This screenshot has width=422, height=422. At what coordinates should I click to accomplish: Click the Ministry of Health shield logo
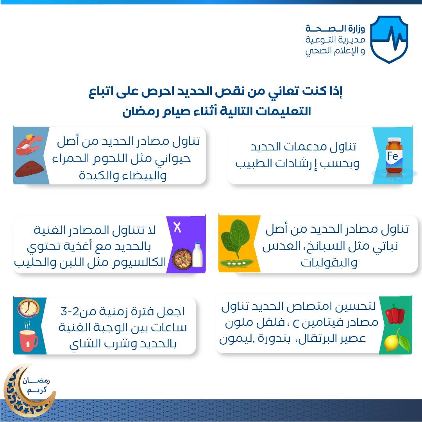click(389, 39)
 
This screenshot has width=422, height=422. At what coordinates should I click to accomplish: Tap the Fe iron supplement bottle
click(394, 155)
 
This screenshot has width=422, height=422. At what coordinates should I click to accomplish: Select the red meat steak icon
click(29, 144)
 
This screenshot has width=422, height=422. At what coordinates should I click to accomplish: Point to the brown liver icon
click(29, 169)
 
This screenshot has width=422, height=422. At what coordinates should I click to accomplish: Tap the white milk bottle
click(197, 255)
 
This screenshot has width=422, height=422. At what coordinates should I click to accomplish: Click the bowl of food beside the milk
click(182, 259)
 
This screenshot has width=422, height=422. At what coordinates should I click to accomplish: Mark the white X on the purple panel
click(177, 227)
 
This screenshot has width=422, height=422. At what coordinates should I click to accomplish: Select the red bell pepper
click(395, 314)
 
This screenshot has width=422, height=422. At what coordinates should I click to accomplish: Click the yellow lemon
click(392, 342)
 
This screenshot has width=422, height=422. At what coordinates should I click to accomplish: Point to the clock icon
click(28, 308)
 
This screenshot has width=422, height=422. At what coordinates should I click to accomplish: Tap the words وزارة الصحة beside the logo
click(335, 28)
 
